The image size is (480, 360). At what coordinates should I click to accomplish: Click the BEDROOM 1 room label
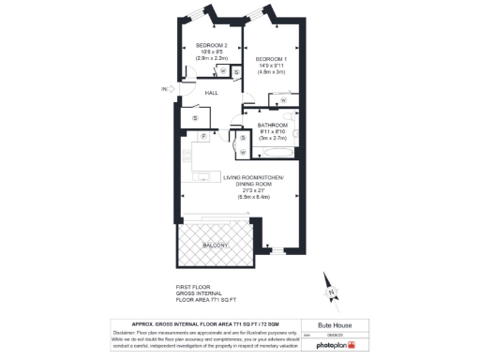click(273, 58)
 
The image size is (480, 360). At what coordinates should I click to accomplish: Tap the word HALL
click(212, 93)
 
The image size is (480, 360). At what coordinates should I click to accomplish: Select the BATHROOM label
click(273, 125)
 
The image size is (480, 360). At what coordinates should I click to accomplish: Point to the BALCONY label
click(216, 245)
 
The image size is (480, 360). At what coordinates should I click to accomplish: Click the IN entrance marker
click(163, 89)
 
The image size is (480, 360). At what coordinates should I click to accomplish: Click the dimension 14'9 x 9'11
click(273, 65)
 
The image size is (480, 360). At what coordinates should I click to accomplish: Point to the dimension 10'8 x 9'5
click(212, 52)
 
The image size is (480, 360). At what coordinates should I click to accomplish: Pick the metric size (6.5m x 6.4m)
click(253, 198)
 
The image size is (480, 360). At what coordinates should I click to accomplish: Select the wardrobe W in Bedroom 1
click(282, 97)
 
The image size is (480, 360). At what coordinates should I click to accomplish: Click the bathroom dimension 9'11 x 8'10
click(273, 130)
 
